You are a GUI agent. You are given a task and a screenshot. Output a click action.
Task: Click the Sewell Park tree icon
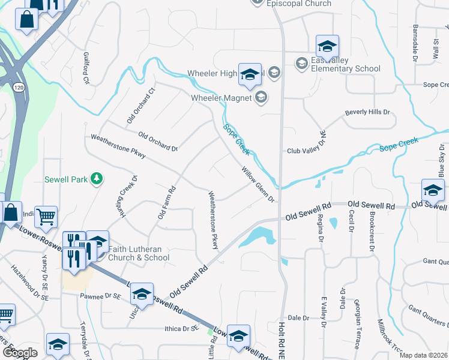[x=95, y=179]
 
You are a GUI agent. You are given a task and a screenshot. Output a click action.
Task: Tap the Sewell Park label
[x=66, y=179]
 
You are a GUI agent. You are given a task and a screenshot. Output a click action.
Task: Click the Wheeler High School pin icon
[x=250, y=74]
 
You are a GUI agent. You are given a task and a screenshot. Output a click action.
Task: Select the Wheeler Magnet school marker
[x=261, y=97]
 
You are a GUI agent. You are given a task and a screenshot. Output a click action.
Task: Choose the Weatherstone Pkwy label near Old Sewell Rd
[x=212, y=220]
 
